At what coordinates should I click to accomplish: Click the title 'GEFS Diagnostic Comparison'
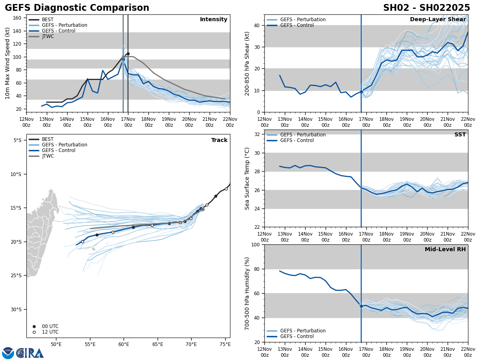coord(77,8)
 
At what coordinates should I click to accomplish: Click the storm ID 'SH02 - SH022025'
coord(426,8)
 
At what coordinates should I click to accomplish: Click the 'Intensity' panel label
coord(214,20)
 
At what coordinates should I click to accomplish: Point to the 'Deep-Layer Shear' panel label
coord(438,20)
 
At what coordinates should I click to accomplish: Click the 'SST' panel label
coord(460,135)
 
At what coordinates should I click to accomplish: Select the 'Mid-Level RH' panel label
coord(445,250)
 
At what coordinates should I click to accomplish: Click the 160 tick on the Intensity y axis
coord(18,18)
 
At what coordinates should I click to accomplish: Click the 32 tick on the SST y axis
coord(258,134)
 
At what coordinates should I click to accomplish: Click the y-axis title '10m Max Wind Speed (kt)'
coord(8,63)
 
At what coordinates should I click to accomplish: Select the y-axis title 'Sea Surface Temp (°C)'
coord(247,178)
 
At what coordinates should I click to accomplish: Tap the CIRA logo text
coord(30,353)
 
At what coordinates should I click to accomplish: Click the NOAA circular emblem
coord(8,353)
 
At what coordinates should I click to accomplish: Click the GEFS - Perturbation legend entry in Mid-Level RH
coord(303,331)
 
